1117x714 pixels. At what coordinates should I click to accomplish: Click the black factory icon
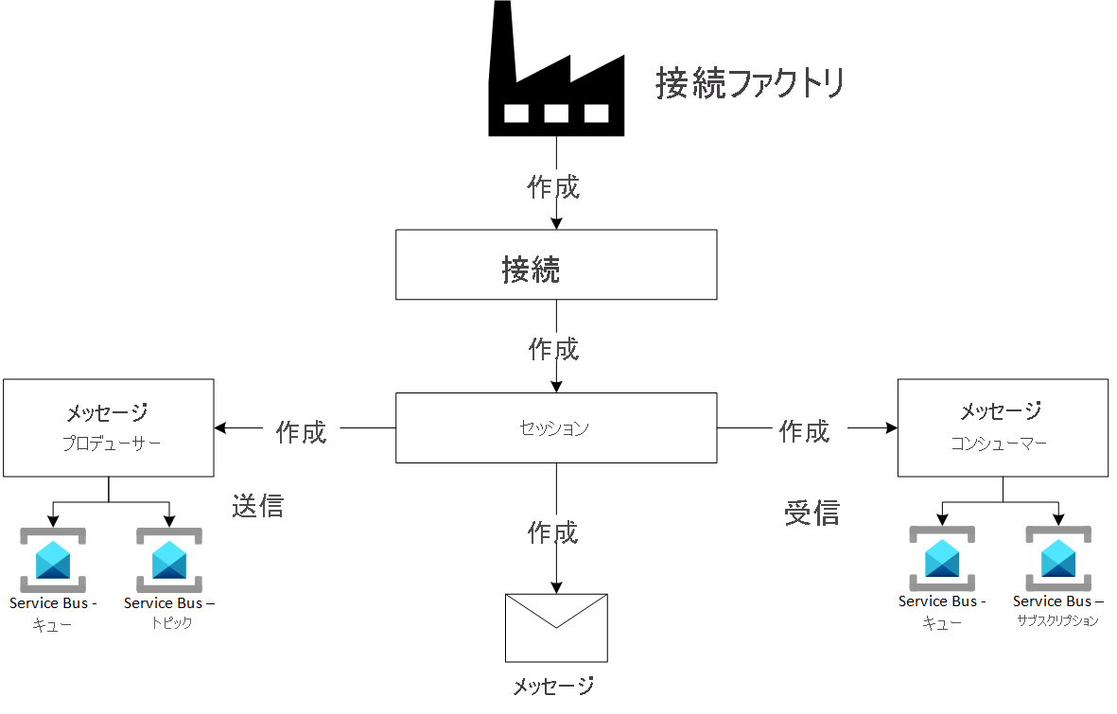(556, 76)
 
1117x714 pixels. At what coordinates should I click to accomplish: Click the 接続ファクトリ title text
(749, 84)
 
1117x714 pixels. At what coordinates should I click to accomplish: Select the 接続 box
(556, 266)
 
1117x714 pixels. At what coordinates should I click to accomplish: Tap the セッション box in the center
(556, 428)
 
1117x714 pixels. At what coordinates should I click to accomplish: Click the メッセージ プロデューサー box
(109, 427)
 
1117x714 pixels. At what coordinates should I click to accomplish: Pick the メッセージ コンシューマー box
(1003, 427)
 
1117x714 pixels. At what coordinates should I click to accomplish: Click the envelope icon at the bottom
(556, 628)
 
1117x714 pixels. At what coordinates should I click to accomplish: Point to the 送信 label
(257, 506)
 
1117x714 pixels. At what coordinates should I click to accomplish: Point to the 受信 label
(812, 513)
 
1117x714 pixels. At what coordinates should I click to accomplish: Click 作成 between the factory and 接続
(553, 186)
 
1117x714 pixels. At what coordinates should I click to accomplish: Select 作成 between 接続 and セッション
(553, 349)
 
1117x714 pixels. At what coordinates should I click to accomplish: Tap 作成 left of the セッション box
(301, 432)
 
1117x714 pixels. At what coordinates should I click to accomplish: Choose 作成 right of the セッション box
(804, 432)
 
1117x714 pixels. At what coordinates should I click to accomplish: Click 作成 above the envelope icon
(553, 533)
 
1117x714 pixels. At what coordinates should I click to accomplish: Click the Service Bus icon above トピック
(168, 560)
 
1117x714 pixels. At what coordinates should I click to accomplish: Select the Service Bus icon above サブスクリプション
(1058, 558)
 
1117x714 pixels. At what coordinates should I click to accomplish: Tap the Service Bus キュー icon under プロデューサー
(53, 560)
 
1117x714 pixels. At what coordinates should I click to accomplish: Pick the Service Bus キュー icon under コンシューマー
(942, 558)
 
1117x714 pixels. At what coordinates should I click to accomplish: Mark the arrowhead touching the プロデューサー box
(221, 428)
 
